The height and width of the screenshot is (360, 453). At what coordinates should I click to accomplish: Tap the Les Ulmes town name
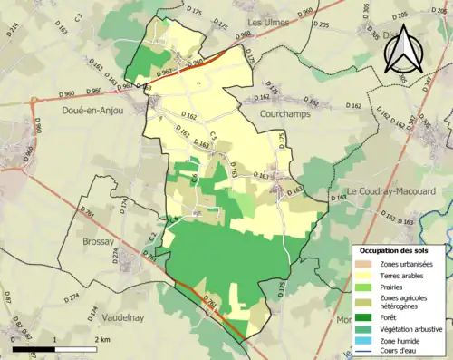[x=269, y=21]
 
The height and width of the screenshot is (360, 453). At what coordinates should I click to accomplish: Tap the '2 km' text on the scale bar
[x=101, y=339]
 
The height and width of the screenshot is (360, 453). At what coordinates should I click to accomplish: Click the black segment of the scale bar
[x=34, y=348]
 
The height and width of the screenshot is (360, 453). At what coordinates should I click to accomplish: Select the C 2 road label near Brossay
[x=153, y=238]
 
